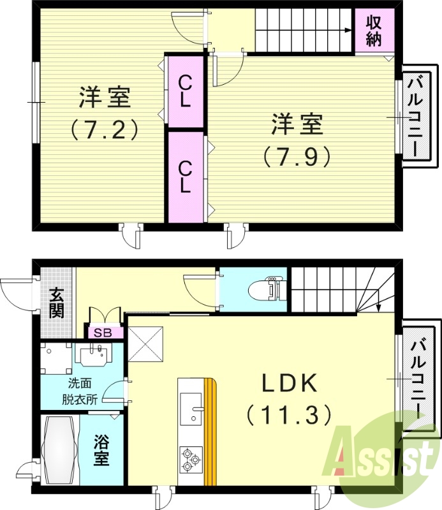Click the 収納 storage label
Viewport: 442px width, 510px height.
click(374, 31)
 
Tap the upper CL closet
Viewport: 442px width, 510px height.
click(185, 91)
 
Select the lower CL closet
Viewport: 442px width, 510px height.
click(185, 176)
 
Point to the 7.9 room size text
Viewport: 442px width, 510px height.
click(297, 156)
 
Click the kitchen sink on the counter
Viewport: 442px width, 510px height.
click(191, 409)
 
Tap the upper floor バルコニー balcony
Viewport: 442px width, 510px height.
click(418, 115)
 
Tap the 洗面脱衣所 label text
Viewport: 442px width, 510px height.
click(80, 392)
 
